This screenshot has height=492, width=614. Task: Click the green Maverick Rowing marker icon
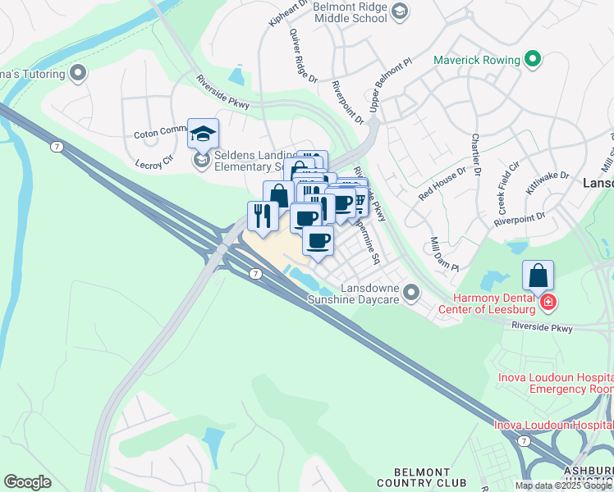(x=533, y=59)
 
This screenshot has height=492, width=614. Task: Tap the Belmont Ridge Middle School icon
(x=399, y=11)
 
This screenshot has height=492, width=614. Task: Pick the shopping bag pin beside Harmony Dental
(x=538, y=276)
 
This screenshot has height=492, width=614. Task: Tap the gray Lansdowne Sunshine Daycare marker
(x=411, y=291)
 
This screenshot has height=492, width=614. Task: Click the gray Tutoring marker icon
(x=79, y=74)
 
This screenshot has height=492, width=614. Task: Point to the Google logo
(x=27, y=482)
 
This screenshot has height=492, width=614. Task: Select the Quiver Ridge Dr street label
(x=302, y=57)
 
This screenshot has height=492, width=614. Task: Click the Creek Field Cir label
(x=508, y=188)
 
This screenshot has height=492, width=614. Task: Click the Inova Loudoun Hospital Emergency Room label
(x=555, y=383)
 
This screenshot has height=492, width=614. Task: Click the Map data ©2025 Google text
(x=562, y=485)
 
